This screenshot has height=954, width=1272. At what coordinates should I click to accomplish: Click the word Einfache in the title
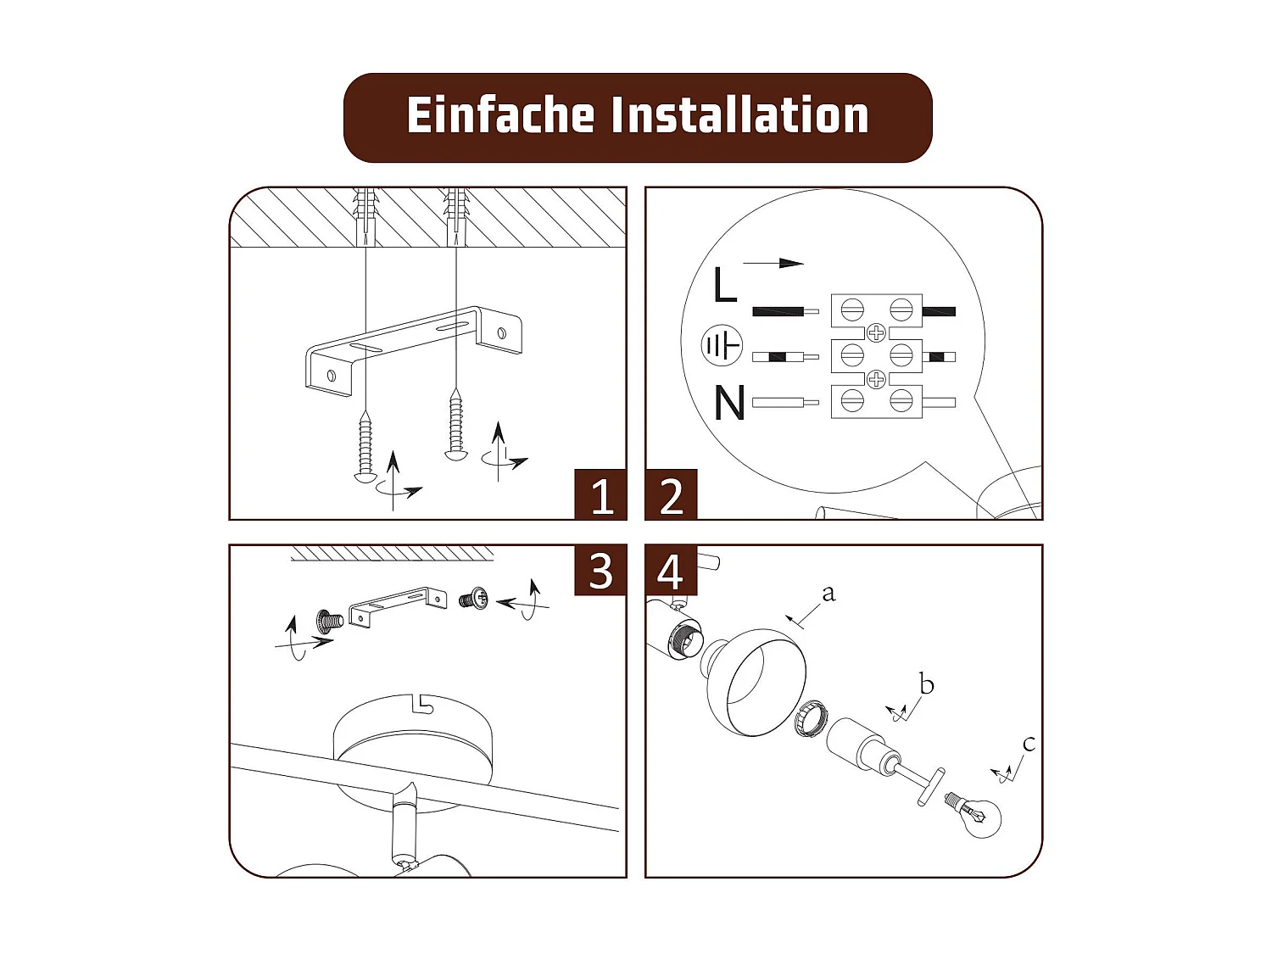point(500,115)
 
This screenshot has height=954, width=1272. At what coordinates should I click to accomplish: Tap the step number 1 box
point(600,494)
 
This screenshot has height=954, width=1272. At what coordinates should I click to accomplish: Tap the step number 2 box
point(671,494)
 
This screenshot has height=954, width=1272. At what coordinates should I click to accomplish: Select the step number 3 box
point(600,570)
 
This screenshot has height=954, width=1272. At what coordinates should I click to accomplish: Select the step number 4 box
point(671,570)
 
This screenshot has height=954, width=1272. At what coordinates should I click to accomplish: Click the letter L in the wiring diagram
point(724,285)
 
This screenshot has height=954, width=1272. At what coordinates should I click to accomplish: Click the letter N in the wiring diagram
point(729,404)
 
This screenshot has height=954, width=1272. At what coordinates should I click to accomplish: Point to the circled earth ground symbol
point(722,345)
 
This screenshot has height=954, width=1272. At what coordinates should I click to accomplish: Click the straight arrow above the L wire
point(773,263)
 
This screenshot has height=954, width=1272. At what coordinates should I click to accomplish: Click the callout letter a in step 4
point(828,593)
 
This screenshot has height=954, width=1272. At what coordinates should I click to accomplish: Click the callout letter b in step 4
point(926,683)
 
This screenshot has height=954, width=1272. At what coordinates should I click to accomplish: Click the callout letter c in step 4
point(1029,744)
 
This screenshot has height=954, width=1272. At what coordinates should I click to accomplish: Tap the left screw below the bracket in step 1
point(365,446)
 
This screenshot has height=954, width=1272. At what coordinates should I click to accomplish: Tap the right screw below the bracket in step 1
point(456,424)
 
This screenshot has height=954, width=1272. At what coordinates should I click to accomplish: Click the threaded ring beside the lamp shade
point(812,719)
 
